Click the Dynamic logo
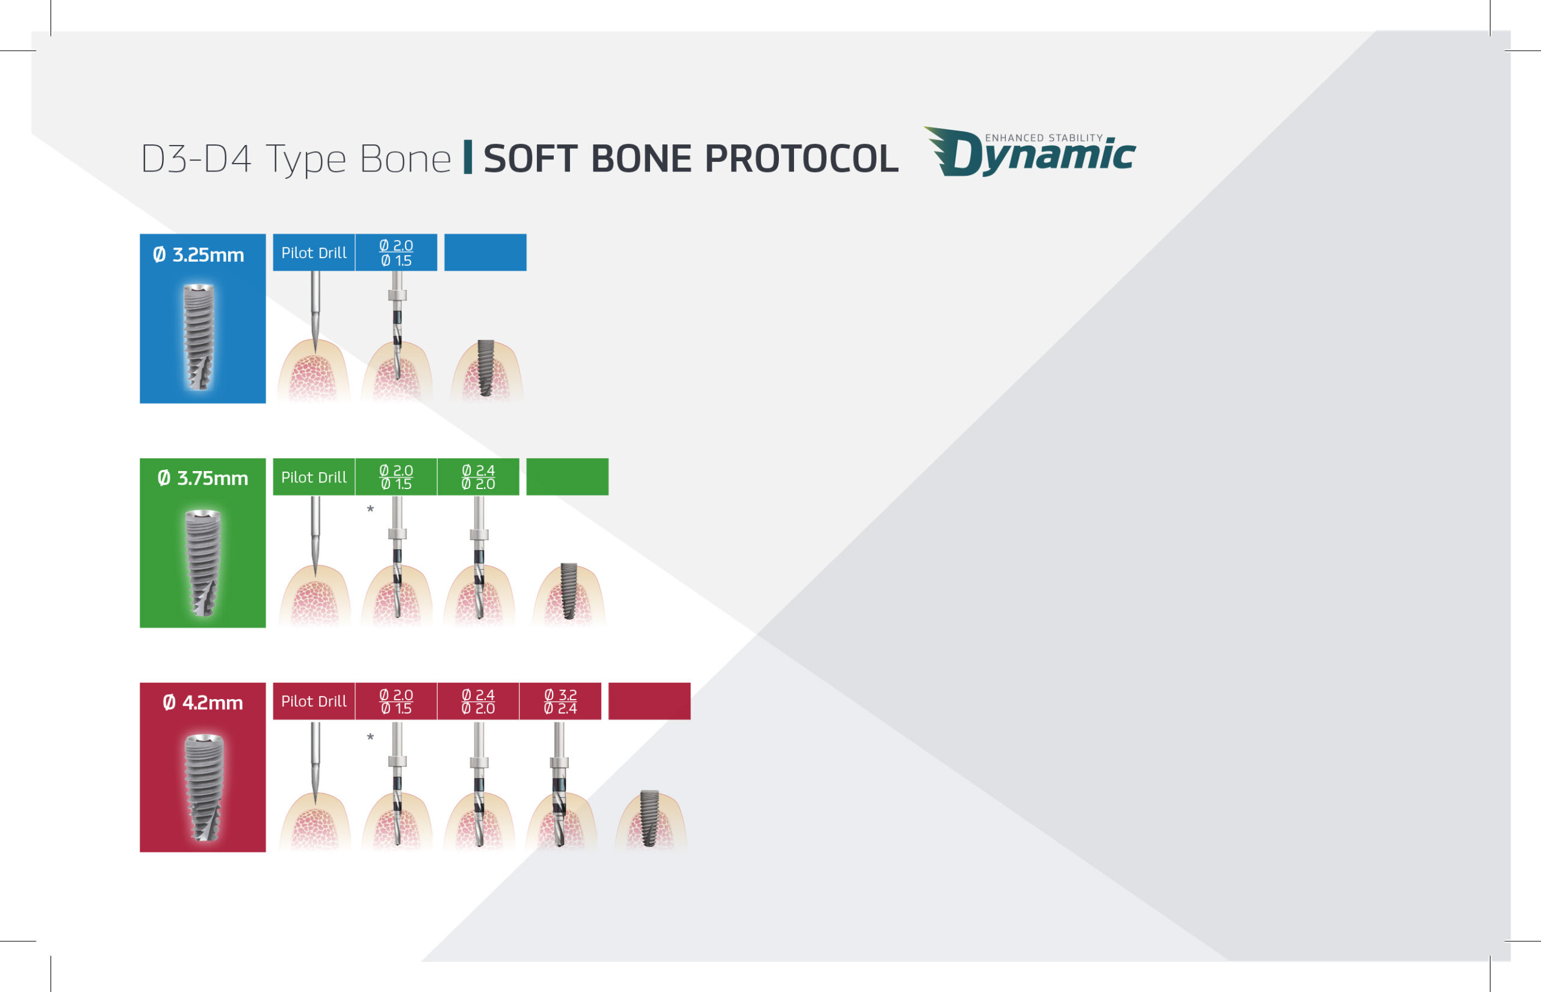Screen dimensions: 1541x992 [1029, 152]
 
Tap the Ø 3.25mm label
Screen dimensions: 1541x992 [199, 255]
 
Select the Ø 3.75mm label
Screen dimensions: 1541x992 [203, 479]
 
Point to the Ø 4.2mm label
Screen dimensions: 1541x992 [203, 703]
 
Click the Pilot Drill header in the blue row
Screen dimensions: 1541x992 [314, 253]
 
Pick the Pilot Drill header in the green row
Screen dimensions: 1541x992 [314, 477]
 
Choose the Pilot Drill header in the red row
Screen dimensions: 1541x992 [314, 701]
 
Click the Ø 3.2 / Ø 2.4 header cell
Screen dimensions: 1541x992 [560, 701]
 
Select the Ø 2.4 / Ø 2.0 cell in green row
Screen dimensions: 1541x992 [478, 477]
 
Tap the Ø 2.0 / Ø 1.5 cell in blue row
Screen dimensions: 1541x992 [396, 253]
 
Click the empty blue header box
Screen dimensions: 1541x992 [485, 253]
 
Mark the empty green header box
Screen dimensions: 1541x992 [567, 477]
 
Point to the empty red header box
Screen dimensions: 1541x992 [650, 701]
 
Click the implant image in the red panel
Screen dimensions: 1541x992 [203, 787]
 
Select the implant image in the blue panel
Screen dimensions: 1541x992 [199, 337]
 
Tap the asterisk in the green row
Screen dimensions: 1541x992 [370, 510]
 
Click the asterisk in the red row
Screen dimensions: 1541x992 [370, 737]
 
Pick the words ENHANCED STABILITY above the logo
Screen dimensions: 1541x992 [1044, 138]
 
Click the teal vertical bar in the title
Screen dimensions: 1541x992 [468, 157]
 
